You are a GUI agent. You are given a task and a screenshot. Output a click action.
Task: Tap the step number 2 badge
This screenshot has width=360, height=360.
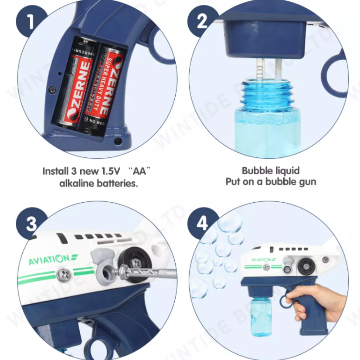(x=202, y=22)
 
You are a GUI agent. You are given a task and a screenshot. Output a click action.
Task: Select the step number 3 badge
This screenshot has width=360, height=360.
(x=31, y=224)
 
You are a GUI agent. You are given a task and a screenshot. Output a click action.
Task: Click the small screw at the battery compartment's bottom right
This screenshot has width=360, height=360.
(x=118, y=140)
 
